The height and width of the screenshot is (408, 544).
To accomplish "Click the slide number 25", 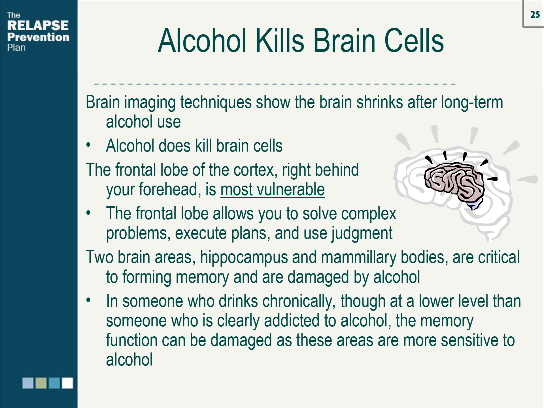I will click(535, 14).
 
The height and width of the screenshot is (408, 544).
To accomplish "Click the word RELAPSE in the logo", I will click(38, 25).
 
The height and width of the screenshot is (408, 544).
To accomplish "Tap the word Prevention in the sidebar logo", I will click(38, 37).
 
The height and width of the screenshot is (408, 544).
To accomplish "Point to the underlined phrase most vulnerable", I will click(273, 189).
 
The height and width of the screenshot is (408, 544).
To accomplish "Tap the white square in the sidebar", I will click(67, 383).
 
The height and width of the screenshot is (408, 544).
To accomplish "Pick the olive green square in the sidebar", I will click(41, 383).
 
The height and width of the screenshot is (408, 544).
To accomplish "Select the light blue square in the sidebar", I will click(28, 383).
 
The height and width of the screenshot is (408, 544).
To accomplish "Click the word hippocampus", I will click(244, 257).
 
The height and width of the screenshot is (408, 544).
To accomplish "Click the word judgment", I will click(362, 233).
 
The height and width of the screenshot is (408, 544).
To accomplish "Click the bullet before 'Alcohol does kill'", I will click(88, 145).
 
